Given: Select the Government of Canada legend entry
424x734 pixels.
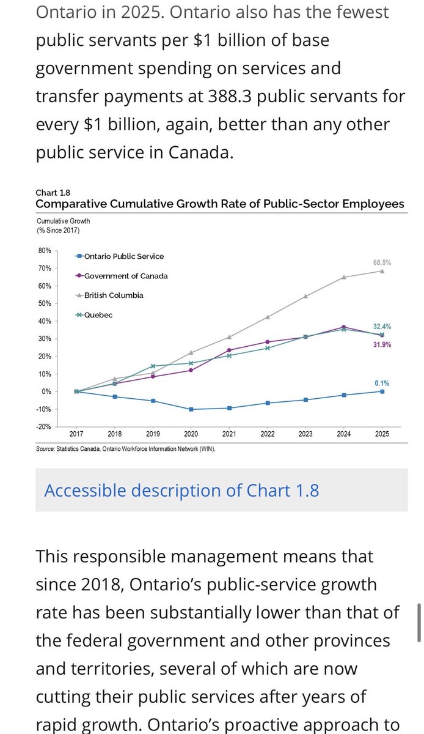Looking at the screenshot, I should [x=126, y=276].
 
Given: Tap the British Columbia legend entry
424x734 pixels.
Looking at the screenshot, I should [x=114, y=295].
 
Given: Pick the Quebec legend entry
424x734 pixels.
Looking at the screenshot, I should [x=98, y=315].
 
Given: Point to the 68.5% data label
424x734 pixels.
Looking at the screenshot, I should [x=382, y=262].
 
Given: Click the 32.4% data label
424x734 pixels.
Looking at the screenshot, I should [x=382, y=327].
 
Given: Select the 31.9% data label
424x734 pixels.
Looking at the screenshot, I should [x=382, y=345].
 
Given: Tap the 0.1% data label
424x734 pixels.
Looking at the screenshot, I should [x=382, y=384].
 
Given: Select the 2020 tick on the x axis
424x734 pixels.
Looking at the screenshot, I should [x=191, y=434].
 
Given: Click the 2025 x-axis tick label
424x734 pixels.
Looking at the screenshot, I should [x=382, y=434].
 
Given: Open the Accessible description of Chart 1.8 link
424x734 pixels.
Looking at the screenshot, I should [x=181, y=491].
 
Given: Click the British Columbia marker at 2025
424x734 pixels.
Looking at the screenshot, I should [x=382, y=271].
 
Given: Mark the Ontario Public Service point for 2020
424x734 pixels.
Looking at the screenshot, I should [x=191, y=409].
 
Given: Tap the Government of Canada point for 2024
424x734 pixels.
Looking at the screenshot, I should [x=344, y=327].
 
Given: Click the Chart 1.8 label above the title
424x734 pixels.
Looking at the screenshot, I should [x=48, y=193].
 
